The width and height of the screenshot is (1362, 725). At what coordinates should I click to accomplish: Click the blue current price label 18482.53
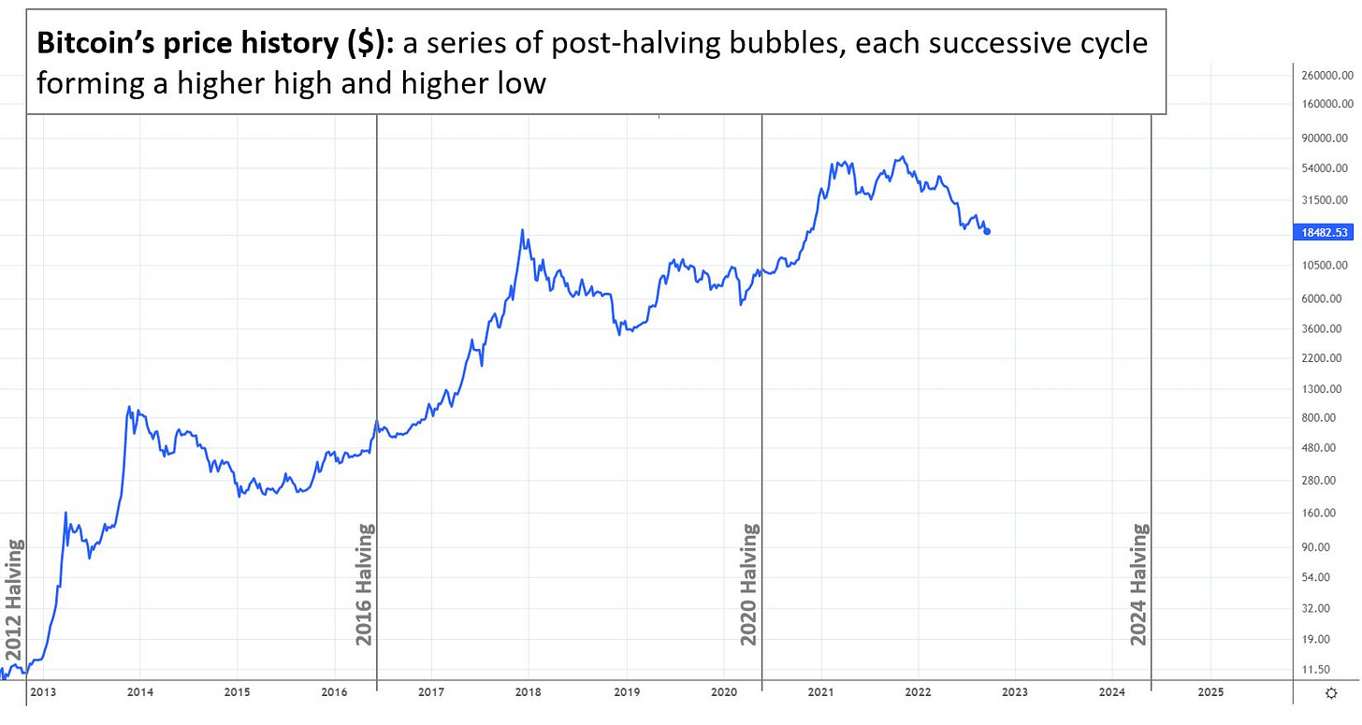[1324, 232]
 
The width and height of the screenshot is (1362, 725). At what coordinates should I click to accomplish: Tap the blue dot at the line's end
[987, 231]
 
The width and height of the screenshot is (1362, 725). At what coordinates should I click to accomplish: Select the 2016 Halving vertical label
[365, 584]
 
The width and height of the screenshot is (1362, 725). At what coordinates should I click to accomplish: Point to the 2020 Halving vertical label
[749, 584]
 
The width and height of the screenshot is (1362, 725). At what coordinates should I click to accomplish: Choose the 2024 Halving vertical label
[1138, 584]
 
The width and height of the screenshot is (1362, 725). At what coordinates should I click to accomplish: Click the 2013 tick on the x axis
[43, 692]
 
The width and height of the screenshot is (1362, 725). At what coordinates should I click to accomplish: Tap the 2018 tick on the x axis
[528, 692]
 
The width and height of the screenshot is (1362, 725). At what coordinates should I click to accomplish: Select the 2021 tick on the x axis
[821, 692]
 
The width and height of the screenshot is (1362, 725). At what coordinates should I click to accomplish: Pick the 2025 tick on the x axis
[1210, 692]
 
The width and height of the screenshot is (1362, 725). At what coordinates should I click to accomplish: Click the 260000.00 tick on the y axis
[1324, 75]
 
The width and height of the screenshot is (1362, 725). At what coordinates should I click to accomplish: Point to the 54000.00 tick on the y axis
[1324, 168]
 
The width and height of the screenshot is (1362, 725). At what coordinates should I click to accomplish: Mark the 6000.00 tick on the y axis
[1324, 298]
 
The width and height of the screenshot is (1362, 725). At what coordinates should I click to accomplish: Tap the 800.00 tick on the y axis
[1324, 417]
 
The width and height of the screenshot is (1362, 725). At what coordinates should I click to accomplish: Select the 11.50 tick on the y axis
[1324, 669]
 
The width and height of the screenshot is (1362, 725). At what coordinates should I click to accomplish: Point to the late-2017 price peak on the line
[523, 230]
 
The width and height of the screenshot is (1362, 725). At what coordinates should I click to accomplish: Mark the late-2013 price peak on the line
[129, 407]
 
